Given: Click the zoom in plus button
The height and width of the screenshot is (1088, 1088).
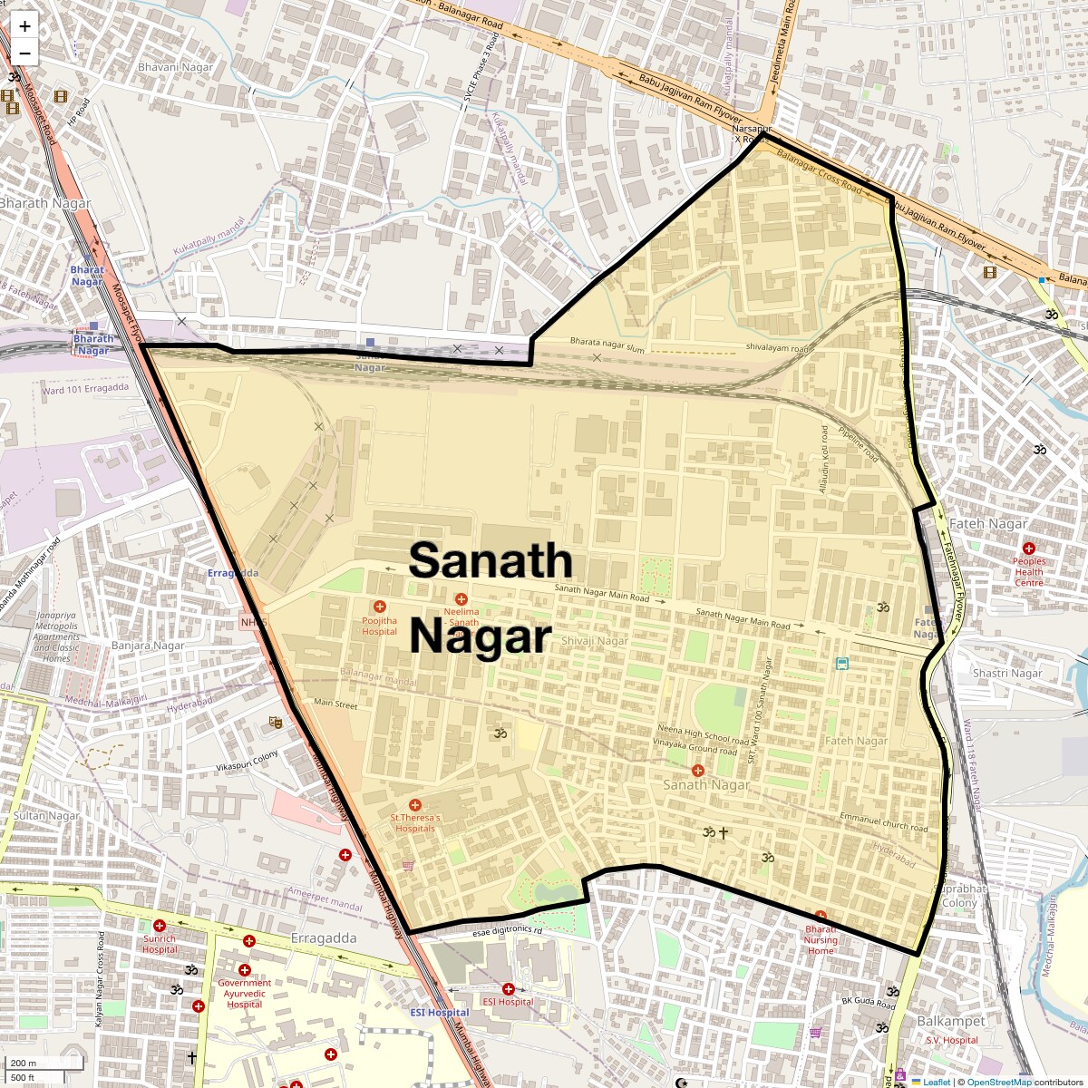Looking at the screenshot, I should (24, 26).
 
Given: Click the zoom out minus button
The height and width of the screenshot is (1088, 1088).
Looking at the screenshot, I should (24, 53).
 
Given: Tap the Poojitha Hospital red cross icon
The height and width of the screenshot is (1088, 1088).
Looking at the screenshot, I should (379, 607).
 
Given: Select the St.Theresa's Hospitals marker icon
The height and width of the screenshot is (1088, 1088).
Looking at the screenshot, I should (415, 805).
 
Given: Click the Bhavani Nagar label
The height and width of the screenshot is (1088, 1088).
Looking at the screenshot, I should (175, 67).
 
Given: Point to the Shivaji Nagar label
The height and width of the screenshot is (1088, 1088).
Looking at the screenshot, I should (595, 641).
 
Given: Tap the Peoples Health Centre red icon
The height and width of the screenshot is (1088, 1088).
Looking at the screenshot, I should (1029, 549).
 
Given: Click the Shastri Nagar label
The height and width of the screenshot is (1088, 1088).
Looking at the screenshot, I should (1007, 674).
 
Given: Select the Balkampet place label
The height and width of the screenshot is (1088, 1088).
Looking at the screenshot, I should (950, 1021).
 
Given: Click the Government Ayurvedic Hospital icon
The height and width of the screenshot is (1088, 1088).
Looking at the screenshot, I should (244, 970).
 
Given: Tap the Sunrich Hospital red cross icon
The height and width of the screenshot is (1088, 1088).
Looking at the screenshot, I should (160, 928).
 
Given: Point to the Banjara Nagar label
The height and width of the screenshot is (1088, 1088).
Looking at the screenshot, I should (148, 646).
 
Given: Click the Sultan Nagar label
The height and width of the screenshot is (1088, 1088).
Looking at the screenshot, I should (46, 816).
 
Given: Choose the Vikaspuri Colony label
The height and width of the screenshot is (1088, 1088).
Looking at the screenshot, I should (248, 762).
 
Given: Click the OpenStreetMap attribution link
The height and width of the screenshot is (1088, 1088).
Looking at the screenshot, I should (998, 1082).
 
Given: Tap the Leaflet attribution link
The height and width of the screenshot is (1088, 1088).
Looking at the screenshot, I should (937, 1082).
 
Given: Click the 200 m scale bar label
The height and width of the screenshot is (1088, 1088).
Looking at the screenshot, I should (24, 1064).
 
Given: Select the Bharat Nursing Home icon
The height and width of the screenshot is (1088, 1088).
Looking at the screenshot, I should (821, 917).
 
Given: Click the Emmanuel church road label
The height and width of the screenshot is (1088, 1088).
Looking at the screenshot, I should (883, 822).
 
